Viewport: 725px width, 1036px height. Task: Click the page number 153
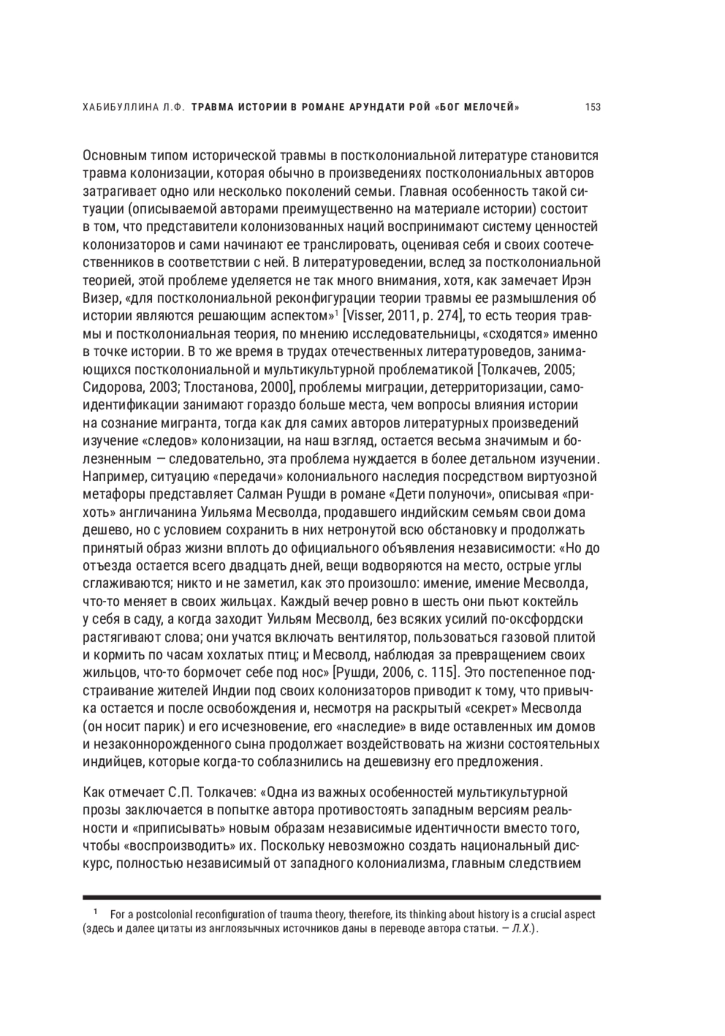point(593,108)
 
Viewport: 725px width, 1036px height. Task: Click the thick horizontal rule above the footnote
point(341,898)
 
